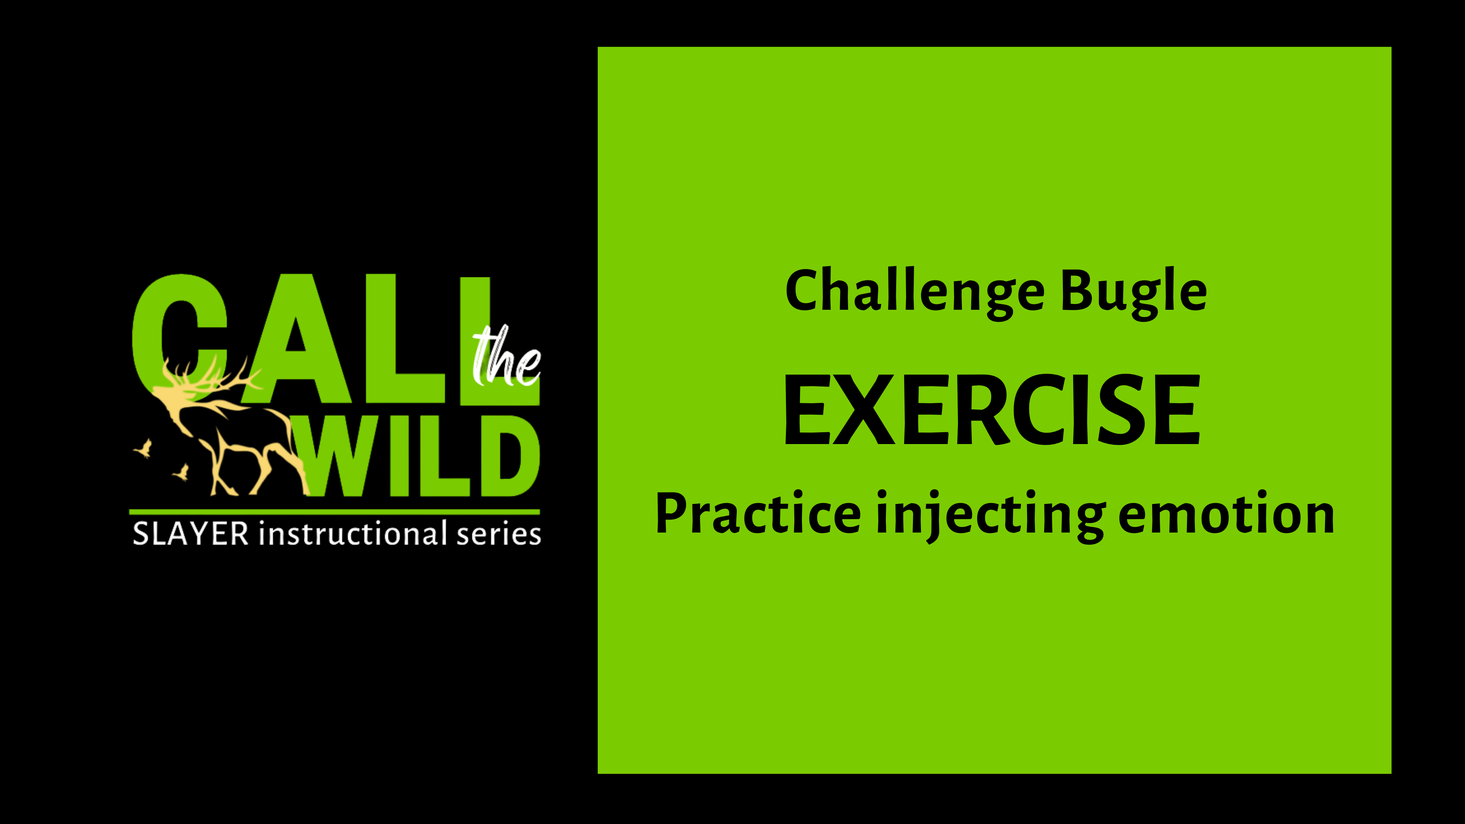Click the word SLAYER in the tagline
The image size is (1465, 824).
point(190,534)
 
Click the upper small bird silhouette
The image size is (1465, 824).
point(145,448)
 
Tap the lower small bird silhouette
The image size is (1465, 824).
point(182,472)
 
